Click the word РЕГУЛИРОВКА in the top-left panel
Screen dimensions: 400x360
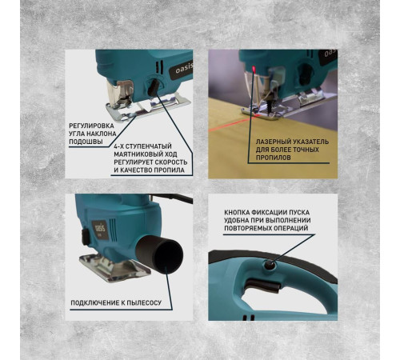click(x=91, y=126)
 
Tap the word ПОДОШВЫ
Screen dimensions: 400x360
click(x=86, y=142)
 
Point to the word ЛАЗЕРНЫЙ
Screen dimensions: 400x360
click(x=273, y=142)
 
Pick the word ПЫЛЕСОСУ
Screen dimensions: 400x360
click(x=144, y=302)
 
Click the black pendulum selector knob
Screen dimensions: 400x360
click(x=154, y=87)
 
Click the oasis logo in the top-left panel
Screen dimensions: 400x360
click(x=183, y=70)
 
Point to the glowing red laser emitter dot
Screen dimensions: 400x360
click(x=254, y=70)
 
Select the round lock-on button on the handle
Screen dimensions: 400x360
click(x=269, y=265)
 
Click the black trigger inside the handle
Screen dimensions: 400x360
click(x=262, y=285)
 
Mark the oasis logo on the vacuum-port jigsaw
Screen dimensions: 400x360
click(x=100, y=229)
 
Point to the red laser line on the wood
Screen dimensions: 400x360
click(x=231, y=123)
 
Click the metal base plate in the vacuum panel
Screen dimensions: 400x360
click(x=114, y=267)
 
